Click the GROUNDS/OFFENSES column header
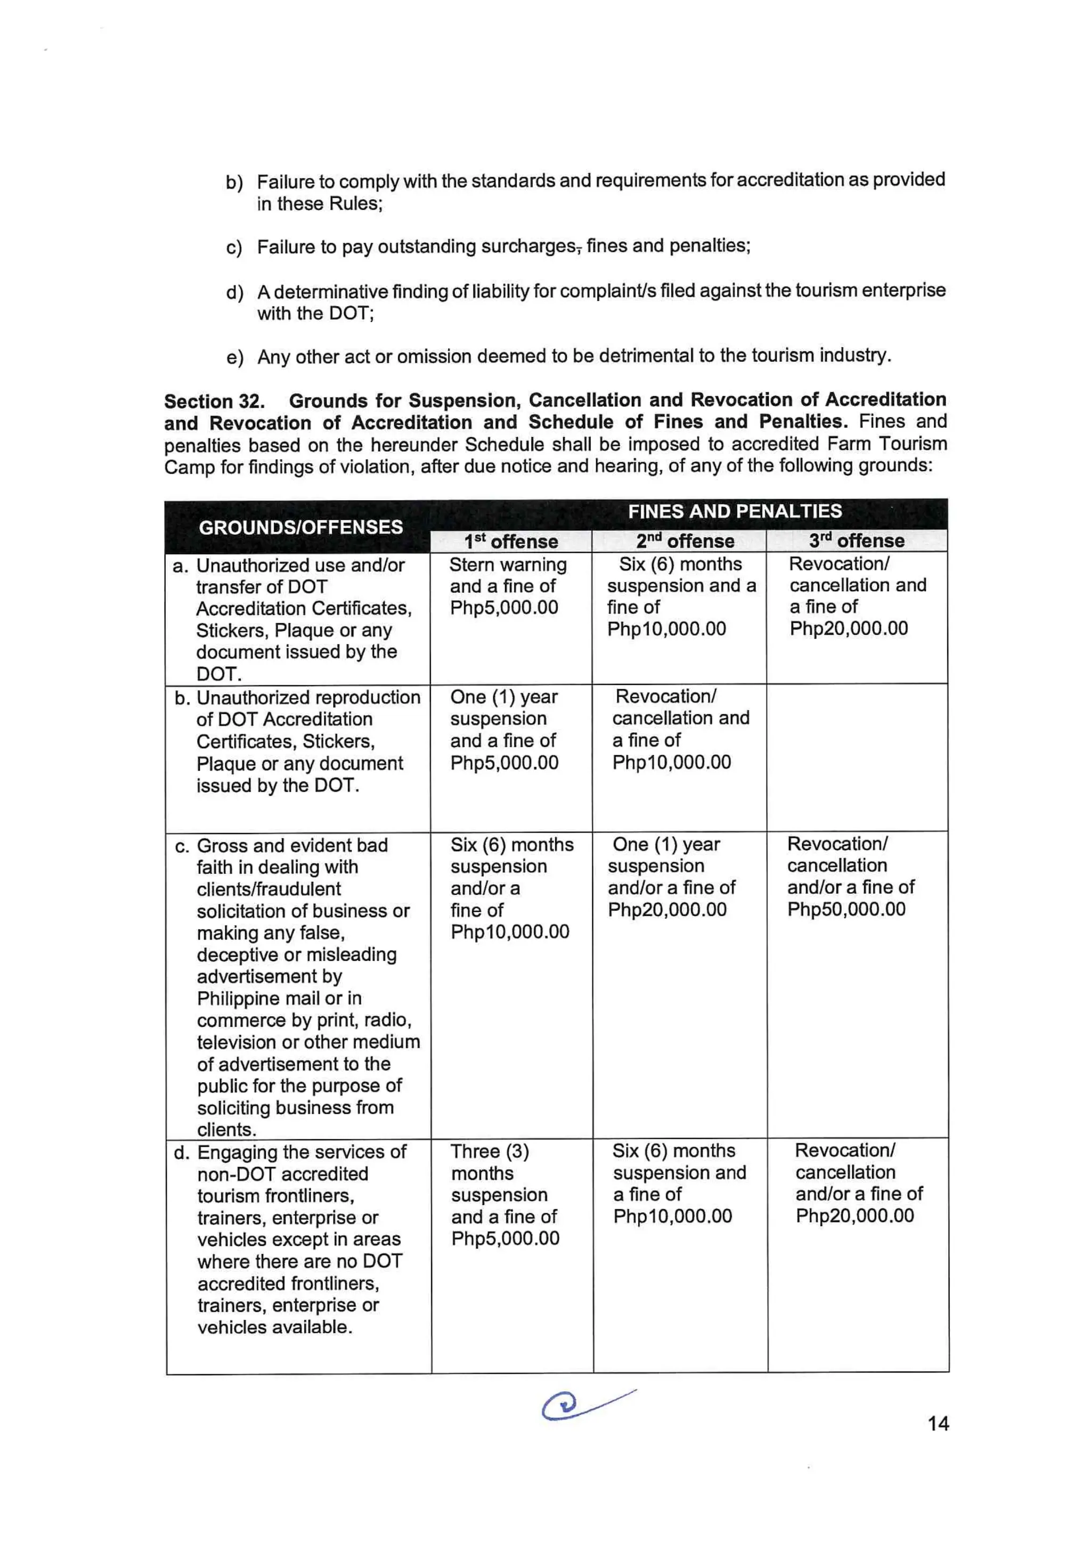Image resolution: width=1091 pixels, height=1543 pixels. (x=300, y=527)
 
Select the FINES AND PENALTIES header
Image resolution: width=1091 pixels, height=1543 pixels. (x=734, y=511)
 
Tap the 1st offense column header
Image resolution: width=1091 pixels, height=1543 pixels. (x=510, y=541)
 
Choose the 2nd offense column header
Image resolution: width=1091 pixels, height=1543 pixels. (x=685, y=541)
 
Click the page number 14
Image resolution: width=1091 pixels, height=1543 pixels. (x=938, y=1423)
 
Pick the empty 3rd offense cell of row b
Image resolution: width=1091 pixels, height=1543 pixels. (x=857, y=757)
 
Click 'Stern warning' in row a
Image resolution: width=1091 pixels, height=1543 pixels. (x=508, y=565)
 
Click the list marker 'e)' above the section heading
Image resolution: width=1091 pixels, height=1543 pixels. (x=234, y=357)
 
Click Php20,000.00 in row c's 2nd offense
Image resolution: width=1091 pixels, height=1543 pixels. (x=667, y=909)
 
